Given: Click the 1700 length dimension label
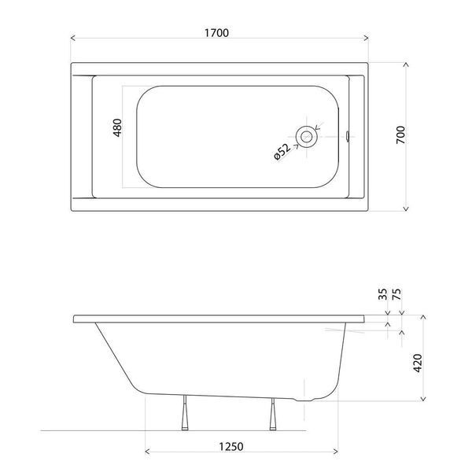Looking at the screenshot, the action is pyautogui.click(x=216, y=32).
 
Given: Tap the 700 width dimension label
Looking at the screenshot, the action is pyautogui.click(x=400, y=135).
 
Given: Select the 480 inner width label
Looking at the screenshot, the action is pyautogui.click(x=117, y=127).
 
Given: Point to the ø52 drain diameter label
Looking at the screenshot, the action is pyautogui.click(x=282, y=152).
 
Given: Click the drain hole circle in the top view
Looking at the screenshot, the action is pyautogui.click(x=306, y=137).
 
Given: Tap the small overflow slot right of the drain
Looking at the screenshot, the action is pyautogui.click(x=348, y=136).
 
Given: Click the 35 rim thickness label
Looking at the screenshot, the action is pyautogui.click(x=382, y=294).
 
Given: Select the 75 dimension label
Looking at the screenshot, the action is pyautogui.click(x=396, y=294).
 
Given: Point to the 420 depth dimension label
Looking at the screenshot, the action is pyautogui.click(x=418, y=363).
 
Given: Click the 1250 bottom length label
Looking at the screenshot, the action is pyautogui.click(x=230, y=446).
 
